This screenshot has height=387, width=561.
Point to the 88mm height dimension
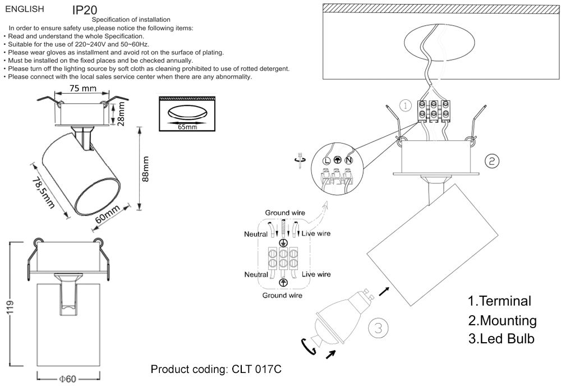click(146, 169)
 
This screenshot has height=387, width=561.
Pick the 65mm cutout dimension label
click(187, 127)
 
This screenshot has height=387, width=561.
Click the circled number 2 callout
click(492, 162)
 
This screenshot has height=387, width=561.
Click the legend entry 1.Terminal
click(499, 301)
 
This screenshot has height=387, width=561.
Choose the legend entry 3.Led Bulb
click(500, 339)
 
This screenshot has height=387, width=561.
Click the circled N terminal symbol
click(348, 160)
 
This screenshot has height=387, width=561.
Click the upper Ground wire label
click(285, 213)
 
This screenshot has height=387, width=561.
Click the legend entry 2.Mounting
click(502, 320)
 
